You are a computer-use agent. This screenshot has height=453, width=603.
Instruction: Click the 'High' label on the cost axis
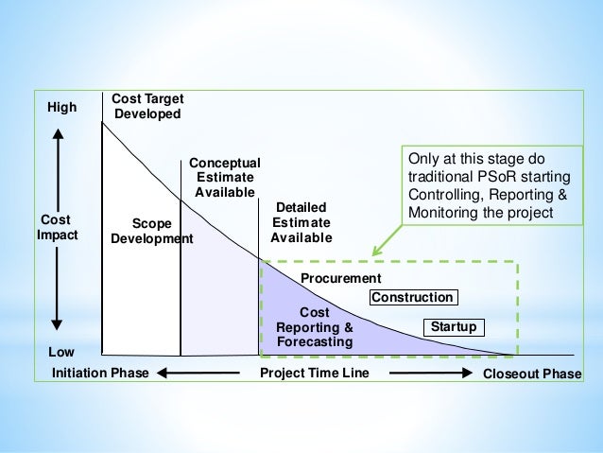[x=61, y=110]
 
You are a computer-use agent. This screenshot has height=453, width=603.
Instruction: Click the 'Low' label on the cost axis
[x=61, y=352]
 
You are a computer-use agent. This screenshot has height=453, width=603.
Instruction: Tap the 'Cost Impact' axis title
[x=57, y=227]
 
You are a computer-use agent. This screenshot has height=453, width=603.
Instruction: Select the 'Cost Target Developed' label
[x=147, y=106]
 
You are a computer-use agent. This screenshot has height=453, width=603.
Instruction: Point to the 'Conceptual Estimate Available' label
[x=225, y=177]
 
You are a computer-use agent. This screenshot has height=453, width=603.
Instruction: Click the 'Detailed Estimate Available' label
[x=301, y=222]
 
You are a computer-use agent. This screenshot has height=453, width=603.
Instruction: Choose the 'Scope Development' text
[x=151, y=232]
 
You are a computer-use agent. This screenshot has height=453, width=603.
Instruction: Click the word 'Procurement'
[x=340, y=278]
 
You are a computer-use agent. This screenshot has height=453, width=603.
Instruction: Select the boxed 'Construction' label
[x=412, y=297]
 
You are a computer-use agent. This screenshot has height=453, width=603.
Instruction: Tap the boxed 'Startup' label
[x=452, y=326]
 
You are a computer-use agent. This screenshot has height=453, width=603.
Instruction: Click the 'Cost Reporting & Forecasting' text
[x=314, y=327]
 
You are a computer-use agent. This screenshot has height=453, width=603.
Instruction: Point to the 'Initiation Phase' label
[x=100, y=374]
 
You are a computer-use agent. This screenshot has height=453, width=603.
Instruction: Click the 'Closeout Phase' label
[x=532, y=375]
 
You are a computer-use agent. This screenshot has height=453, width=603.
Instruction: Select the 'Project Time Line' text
[x=314, y=374]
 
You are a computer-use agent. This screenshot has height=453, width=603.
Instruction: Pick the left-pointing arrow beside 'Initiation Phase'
[x=198, y=374]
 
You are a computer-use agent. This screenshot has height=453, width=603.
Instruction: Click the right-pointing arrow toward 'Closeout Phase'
[x=430, y=374]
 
